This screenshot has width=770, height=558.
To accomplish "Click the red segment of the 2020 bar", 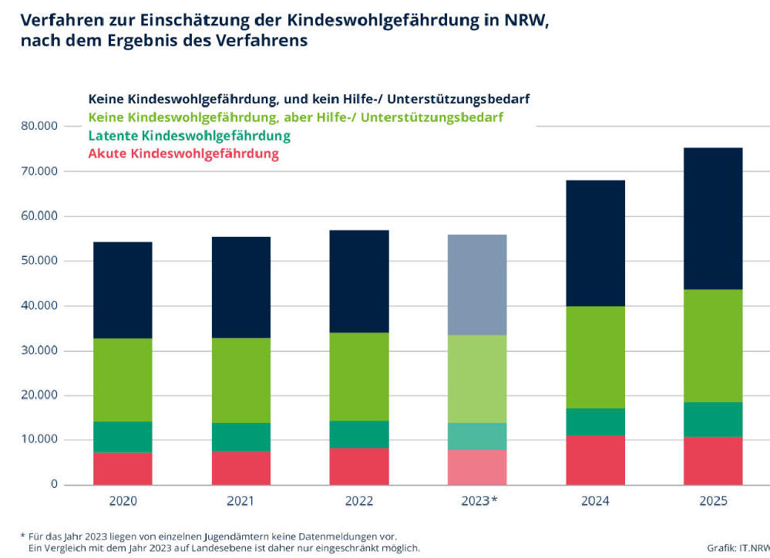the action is (x=123, y=468).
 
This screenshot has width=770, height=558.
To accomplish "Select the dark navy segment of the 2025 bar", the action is (x=713, y=218).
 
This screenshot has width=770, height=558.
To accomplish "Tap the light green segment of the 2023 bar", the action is (x=477, y=379).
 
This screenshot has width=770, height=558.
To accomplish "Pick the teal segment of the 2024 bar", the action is (x=596, y=422).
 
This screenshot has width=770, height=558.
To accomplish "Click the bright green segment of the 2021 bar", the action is (x=241, y=380).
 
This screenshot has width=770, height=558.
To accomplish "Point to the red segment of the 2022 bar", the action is (x=359, y=467).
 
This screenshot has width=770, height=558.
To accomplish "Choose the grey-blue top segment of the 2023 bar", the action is (x=477, y=285).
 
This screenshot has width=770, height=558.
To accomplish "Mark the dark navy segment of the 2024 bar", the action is (x=596, y=243).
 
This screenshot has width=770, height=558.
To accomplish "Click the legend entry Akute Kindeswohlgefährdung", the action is (x=183, y=154).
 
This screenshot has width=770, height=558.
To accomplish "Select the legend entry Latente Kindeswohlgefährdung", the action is (x=190, y=136).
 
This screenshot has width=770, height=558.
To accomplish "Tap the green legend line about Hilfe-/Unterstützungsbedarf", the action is (x=296, y=117).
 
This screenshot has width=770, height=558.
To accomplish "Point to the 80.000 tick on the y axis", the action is (x=39, y=126).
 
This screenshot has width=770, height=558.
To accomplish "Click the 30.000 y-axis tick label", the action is (x=39, y=350).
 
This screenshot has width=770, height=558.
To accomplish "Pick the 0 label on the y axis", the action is (x=54, y=484).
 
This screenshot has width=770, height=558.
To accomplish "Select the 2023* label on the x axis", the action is (x=479, y=501).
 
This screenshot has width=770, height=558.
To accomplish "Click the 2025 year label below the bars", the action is (x=713, y=501).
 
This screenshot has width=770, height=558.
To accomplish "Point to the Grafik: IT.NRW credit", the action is (x=738, y=548).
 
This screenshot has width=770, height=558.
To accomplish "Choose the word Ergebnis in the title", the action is (x=143, y=40).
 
